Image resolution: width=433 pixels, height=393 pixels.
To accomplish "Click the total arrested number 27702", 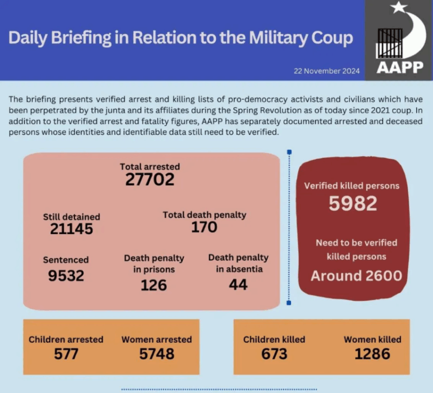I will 150,180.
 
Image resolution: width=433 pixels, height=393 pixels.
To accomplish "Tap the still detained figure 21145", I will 72,229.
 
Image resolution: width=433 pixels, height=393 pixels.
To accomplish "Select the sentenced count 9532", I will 66,275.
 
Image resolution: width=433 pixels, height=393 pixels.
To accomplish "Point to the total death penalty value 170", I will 204,227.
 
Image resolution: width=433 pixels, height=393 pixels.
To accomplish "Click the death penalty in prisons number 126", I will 154,285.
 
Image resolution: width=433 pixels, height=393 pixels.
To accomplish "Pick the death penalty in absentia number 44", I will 238,285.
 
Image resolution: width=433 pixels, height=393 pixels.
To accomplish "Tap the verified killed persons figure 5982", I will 352,204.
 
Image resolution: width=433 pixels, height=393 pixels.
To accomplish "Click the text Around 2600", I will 356,276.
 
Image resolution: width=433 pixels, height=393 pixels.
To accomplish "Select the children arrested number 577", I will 66,354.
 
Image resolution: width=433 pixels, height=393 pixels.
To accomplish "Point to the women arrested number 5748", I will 156,354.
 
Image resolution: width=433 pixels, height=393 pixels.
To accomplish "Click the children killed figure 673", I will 274,354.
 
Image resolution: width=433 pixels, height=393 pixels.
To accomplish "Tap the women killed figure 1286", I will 372,354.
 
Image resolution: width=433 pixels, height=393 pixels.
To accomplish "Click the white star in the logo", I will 399,7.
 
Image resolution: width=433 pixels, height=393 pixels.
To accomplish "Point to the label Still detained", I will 72,217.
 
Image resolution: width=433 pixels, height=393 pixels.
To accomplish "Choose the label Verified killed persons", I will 352,186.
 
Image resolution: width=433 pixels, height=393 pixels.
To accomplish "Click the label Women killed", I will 372,339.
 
